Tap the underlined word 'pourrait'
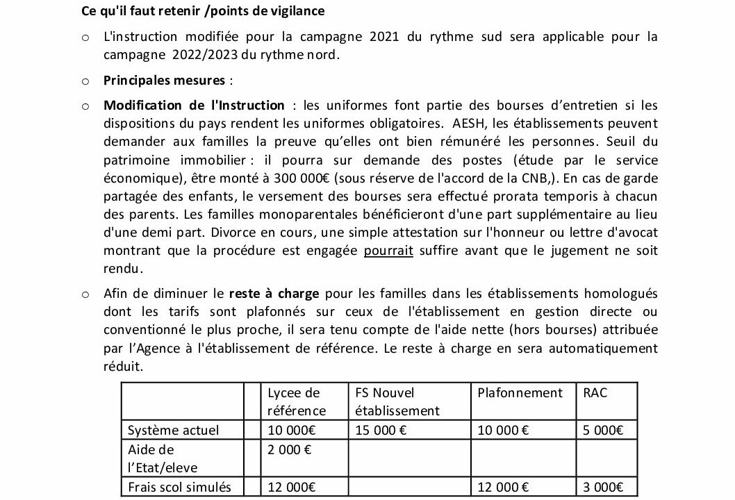coord(388,251)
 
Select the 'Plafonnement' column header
coord(520,393)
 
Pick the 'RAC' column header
coord(595,393)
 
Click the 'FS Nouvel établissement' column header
coord(397,401)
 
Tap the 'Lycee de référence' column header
coord(297,401)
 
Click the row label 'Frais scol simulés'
coord(179,487)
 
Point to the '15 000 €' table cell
coord(381,430)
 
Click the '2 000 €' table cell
coord(290,449)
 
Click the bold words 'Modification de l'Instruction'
coord(194,106)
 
